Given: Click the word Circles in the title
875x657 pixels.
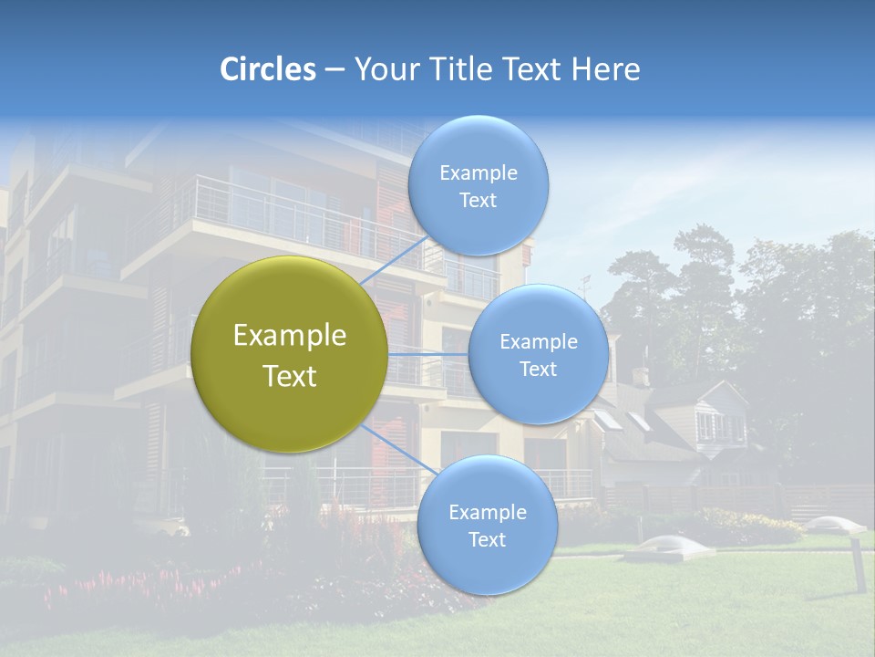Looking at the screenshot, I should pyautogui.click(x=268, y=69).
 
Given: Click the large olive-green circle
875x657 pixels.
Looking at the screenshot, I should pyautogui.click(x=290, y=354).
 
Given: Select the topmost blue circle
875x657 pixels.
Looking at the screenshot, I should pyautogui.click(x=478, y=186).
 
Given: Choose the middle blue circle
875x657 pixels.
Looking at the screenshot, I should pyautogui.click(x=538, y=354).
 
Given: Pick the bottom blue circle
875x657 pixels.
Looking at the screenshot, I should pyautogui.click(x=487, y=526).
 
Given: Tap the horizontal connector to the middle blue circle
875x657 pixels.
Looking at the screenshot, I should pyautogui.click(x=428, y=354).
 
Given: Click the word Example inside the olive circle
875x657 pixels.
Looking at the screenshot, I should pyautogui.click(x=290, y=336).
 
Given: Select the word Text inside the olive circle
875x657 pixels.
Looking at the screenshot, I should pyautogui.click(x=290, y=376).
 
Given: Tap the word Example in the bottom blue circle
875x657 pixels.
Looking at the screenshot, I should pyautogui.click(x=487, y=513).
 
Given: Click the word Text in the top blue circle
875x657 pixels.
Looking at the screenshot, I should pyautogui.click(x=478, y=201).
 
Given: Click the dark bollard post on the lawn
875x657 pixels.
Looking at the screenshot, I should pyautogui.click(x=857, y=566).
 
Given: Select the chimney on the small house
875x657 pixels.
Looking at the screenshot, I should pyautogui.click(x=641, y=376).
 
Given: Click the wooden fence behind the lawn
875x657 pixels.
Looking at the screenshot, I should pyautogui.click(x=729, y=498).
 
